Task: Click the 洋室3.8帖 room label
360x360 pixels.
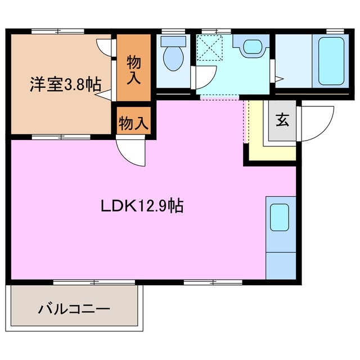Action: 65,86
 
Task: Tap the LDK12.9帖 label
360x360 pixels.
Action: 142,206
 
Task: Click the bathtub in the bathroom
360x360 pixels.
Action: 331,60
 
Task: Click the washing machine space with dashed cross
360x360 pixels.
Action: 211,47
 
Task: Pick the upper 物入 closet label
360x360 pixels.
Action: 133,69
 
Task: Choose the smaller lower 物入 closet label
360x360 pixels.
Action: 133,122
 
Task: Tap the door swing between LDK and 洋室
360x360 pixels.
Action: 130,150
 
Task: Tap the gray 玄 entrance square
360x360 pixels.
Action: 282,121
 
